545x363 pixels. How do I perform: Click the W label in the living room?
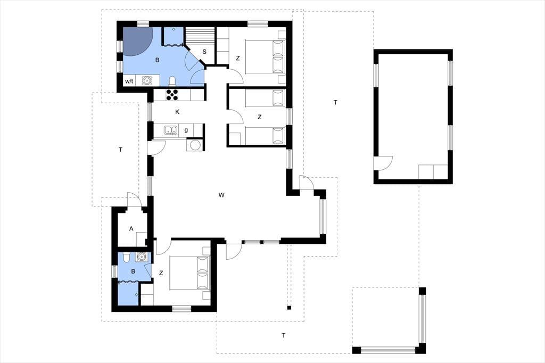221,195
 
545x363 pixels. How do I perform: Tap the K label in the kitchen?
177,112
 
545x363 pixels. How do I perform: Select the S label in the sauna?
204,52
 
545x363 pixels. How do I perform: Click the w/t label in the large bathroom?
129,81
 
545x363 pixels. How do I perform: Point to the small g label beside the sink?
186,130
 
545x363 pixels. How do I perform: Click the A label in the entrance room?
131,229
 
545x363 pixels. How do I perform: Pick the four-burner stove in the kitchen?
172,95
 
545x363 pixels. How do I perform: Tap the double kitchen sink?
170,130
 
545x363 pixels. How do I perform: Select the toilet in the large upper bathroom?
172,81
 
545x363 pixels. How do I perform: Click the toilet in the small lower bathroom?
127,257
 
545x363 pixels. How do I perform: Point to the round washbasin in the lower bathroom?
141,257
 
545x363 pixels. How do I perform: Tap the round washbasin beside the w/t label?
147,81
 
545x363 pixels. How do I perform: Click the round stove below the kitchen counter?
195,145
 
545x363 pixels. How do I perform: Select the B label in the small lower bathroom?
133,271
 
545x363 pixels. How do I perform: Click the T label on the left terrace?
121,150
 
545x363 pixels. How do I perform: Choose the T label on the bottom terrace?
284,335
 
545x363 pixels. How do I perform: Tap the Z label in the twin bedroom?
259,117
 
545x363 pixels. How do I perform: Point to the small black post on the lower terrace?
289,307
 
